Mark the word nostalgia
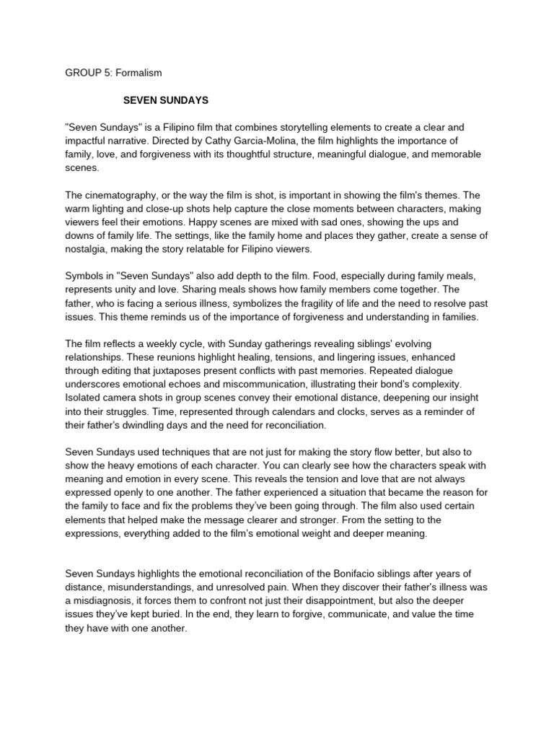click(88, 250)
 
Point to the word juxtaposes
click(169, 371)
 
